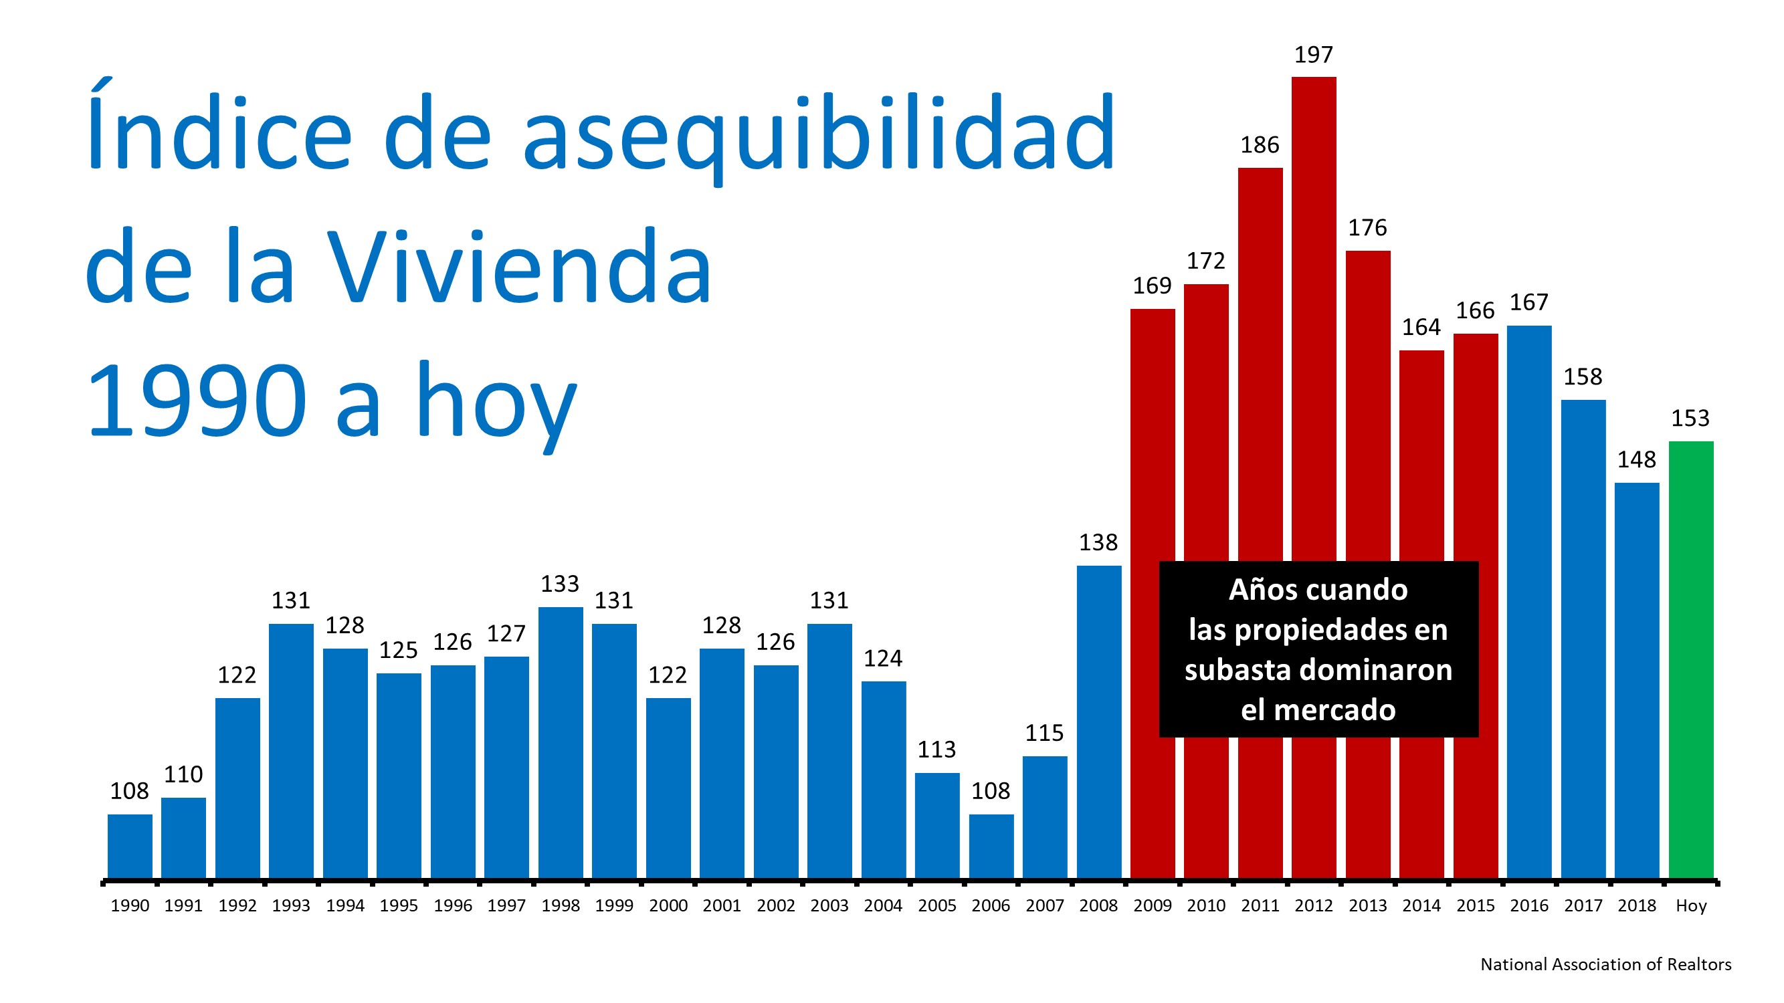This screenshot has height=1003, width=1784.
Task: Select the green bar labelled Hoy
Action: click(1690, 657)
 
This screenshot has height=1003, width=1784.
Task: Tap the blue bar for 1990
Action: click(130, 846)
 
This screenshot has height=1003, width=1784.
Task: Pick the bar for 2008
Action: click(1098, 720)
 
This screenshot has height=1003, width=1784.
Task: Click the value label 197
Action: click(1313, 55)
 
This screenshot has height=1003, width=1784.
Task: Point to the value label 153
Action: click(1690, 418)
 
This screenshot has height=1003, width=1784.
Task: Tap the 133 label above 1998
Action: click(560, 584)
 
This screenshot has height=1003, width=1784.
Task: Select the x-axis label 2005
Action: click(936, 905)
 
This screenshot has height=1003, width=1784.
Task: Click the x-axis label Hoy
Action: click(1690, 905)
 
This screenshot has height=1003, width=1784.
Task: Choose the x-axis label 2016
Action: click(1528, 905)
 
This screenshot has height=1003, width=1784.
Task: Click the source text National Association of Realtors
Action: click(1605, 964)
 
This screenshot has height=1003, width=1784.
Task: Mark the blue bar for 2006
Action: click(991, 846)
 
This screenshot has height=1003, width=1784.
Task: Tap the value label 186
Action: click(1259, 145)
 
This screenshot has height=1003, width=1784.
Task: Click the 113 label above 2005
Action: click(936, 750)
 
